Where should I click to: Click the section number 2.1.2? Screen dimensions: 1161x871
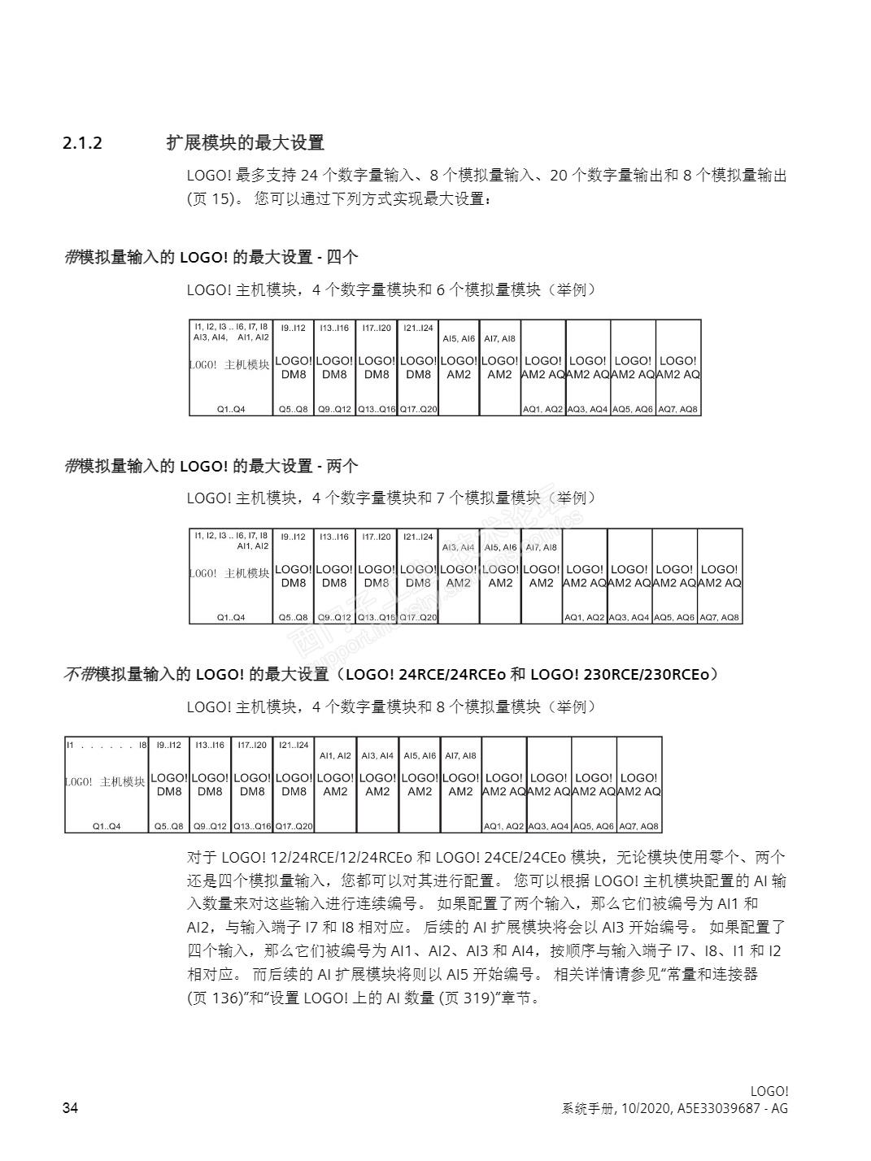(82, 143)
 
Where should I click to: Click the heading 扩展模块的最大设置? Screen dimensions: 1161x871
(245, 143)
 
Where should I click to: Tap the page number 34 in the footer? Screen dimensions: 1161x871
(71, 1108)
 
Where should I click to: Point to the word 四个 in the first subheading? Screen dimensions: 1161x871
(342, 258)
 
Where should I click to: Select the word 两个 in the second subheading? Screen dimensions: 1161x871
(342, 466)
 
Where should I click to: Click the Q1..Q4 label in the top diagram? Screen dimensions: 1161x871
(231, 409)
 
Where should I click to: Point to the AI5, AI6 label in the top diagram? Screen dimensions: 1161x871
(459, 338)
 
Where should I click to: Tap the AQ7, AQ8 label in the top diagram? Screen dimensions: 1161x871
(677, 409)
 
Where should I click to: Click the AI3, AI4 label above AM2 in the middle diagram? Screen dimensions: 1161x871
(458, 547)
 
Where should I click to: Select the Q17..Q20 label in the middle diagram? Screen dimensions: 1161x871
(418, 617)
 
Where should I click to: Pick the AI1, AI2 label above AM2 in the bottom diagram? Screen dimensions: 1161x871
(335, 755)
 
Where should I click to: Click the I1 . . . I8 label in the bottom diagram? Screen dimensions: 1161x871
(106, 744)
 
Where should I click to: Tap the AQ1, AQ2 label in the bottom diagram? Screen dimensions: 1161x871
(503, 826)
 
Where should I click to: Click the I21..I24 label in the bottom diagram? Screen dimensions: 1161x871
(294, 744)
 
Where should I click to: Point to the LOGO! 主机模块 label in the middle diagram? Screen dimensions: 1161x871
(231, 573)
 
